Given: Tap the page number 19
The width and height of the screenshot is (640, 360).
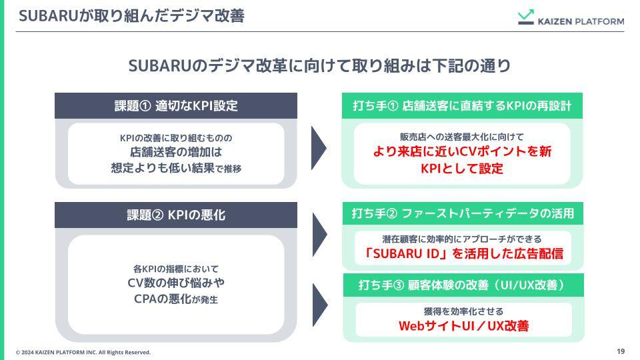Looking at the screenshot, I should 620,351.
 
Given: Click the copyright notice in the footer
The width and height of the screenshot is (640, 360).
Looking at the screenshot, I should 83,352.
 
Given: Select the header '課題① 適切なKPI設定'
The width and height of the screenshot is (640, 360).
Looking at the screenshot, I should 175,106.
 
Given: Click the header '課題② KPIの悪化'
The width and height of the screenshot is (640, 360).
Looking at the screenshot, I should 175,215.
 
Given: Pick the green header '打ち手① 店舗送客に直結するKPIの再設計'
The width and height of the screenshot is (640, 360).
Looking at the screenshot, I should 462,106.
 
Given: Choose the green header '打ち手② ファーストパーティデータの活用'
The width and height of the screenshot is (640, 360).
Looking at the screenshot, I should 462,213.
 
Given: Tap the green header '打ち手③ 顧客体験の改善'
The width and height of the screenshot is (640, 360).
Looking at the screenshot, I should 462,285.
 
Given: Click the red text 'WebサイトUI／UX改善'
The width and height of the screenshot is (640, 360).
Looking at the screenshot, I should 463,326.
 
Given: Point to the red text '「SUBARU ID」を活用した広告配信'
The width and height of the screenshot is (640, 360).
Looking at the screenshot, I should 463,253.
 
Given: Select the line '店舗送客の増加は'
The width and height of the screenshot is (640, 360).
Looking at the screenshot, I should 175,153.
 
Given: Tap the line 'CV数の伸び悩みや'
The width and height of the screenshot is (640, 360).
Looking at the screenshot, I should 175,283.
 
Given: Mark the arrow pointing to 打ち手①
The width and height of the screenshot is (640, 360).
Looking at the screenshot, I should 319,148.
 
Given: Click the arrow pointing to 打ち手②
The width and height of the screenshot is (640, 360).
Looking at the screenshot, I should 319,235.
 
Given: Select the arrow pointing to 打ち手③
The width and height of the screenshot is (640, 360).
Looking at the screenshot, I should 319,305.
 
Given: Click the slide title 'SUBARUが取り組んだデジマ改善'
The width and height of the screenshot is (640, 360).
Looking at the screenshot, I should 131,16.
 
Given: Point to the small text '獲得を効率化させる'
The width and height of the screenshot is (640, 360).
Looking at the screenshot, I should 463,311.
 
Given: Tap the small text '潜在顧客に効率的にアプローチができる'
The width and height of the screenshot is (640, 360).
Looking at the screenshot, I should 462,239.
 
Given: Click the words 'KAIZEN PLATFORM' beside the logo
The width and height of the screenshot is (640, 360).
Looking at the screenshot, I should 581,21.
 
